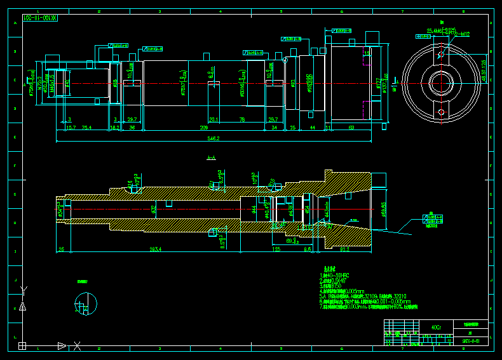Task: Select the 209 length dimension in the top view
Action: click(x=204, y=128)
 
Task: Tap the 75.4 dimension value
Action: click(x=86, y=128)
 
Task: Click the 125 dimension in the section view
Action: click(x=276, y=250)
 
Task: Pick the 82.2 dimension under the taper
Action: click(x=346, y=250)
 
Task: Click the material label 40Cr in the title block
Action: click(x=435, y=328)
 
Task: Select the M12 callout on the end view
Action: click(x=465, y=34)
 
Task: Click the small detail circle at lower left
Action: click(x=86, y=303)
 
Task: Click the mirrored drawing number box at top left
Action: click(x=40, y=18)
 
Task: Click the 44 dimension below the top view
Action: click(x=313, y=128)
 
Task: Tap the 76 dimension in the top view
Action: click(x=242, y=119)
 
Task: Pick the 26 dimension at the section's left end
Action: click(x=61, y=250)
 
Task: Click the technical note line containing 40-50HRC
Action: click(x=337, y=276)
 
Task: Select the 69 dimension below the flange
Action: click(x=351, y=128)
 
